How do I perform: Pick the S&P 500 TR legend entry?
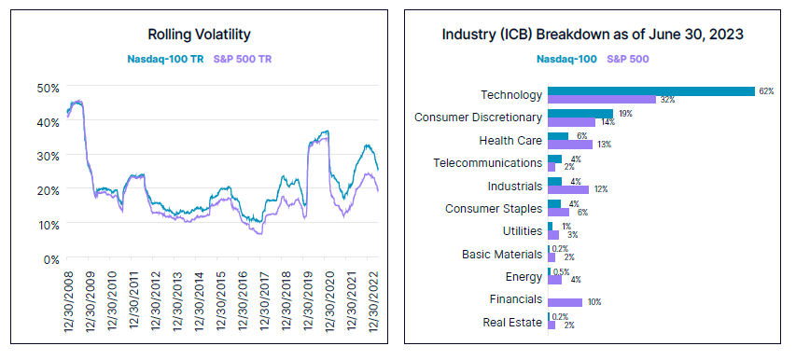coord(243,59)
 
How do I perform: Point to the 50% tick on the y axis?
coord(48,88)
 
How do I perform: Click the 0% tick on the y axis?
coord(51,258)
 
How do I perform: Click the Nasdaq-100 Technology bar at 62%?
coord(650,91)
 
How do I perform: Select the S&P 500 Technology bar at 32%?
coord(601,100)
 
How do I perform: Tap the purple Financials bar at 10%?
coord(565,302)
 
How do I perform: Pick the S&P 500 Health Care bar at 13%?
coord(570,145)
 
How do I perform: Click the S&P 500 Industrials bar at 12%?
coord(567,189)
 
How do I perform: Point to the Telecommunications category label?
coord(488,163)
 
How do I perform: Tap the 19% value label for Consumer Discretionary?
coord(626,114)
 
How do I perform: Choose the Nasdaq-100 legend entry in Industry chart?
coord(566,59)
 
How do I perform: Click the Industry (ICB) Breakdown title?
coord(598,35)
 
